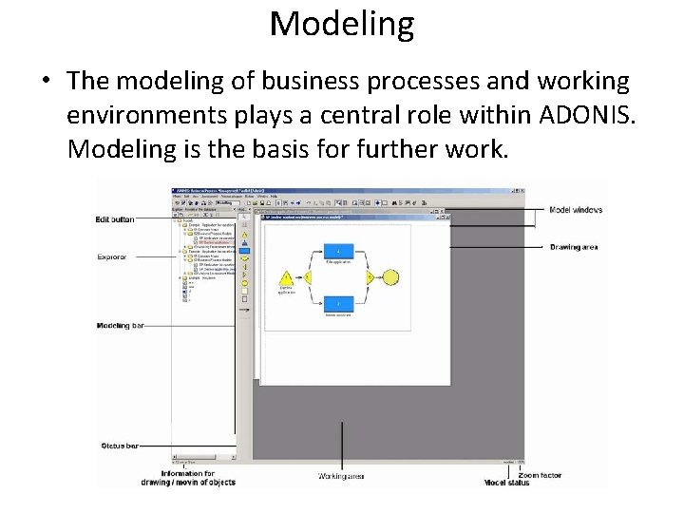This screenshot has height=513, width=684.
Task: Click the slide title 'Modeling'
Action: pos(342,24)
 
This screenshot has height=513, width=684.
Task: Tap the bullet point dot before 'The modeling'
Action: pos(45,83)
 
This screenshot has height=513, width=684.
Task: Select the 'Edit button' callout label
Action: pos(115,219)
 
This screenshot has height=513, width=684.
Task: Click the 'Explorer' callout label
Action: pos(112,256)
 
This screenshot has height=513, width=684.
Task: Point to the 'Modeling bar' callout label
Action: pos(120,326)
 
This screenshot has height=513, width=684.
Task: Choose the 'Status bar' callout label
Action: pos(119,446)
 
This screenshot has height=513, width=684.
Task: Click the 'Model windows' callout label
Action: pos(575,210)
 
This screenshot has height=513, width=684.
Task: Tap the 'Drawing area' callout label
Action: pos(573,247)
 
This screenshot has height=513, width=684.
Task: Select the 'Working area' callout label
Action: pos(341,476)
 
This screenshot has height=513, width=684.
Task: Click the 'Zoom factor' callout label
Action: pos(540,475)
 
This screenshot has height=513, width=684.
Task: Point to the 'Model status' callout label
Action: pos(506,484)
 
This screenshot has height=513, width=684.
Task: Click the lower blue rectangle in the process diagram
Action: pos(339,303)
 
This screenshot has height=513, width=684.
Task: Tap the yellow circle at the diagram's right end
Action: pos(389,277)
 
